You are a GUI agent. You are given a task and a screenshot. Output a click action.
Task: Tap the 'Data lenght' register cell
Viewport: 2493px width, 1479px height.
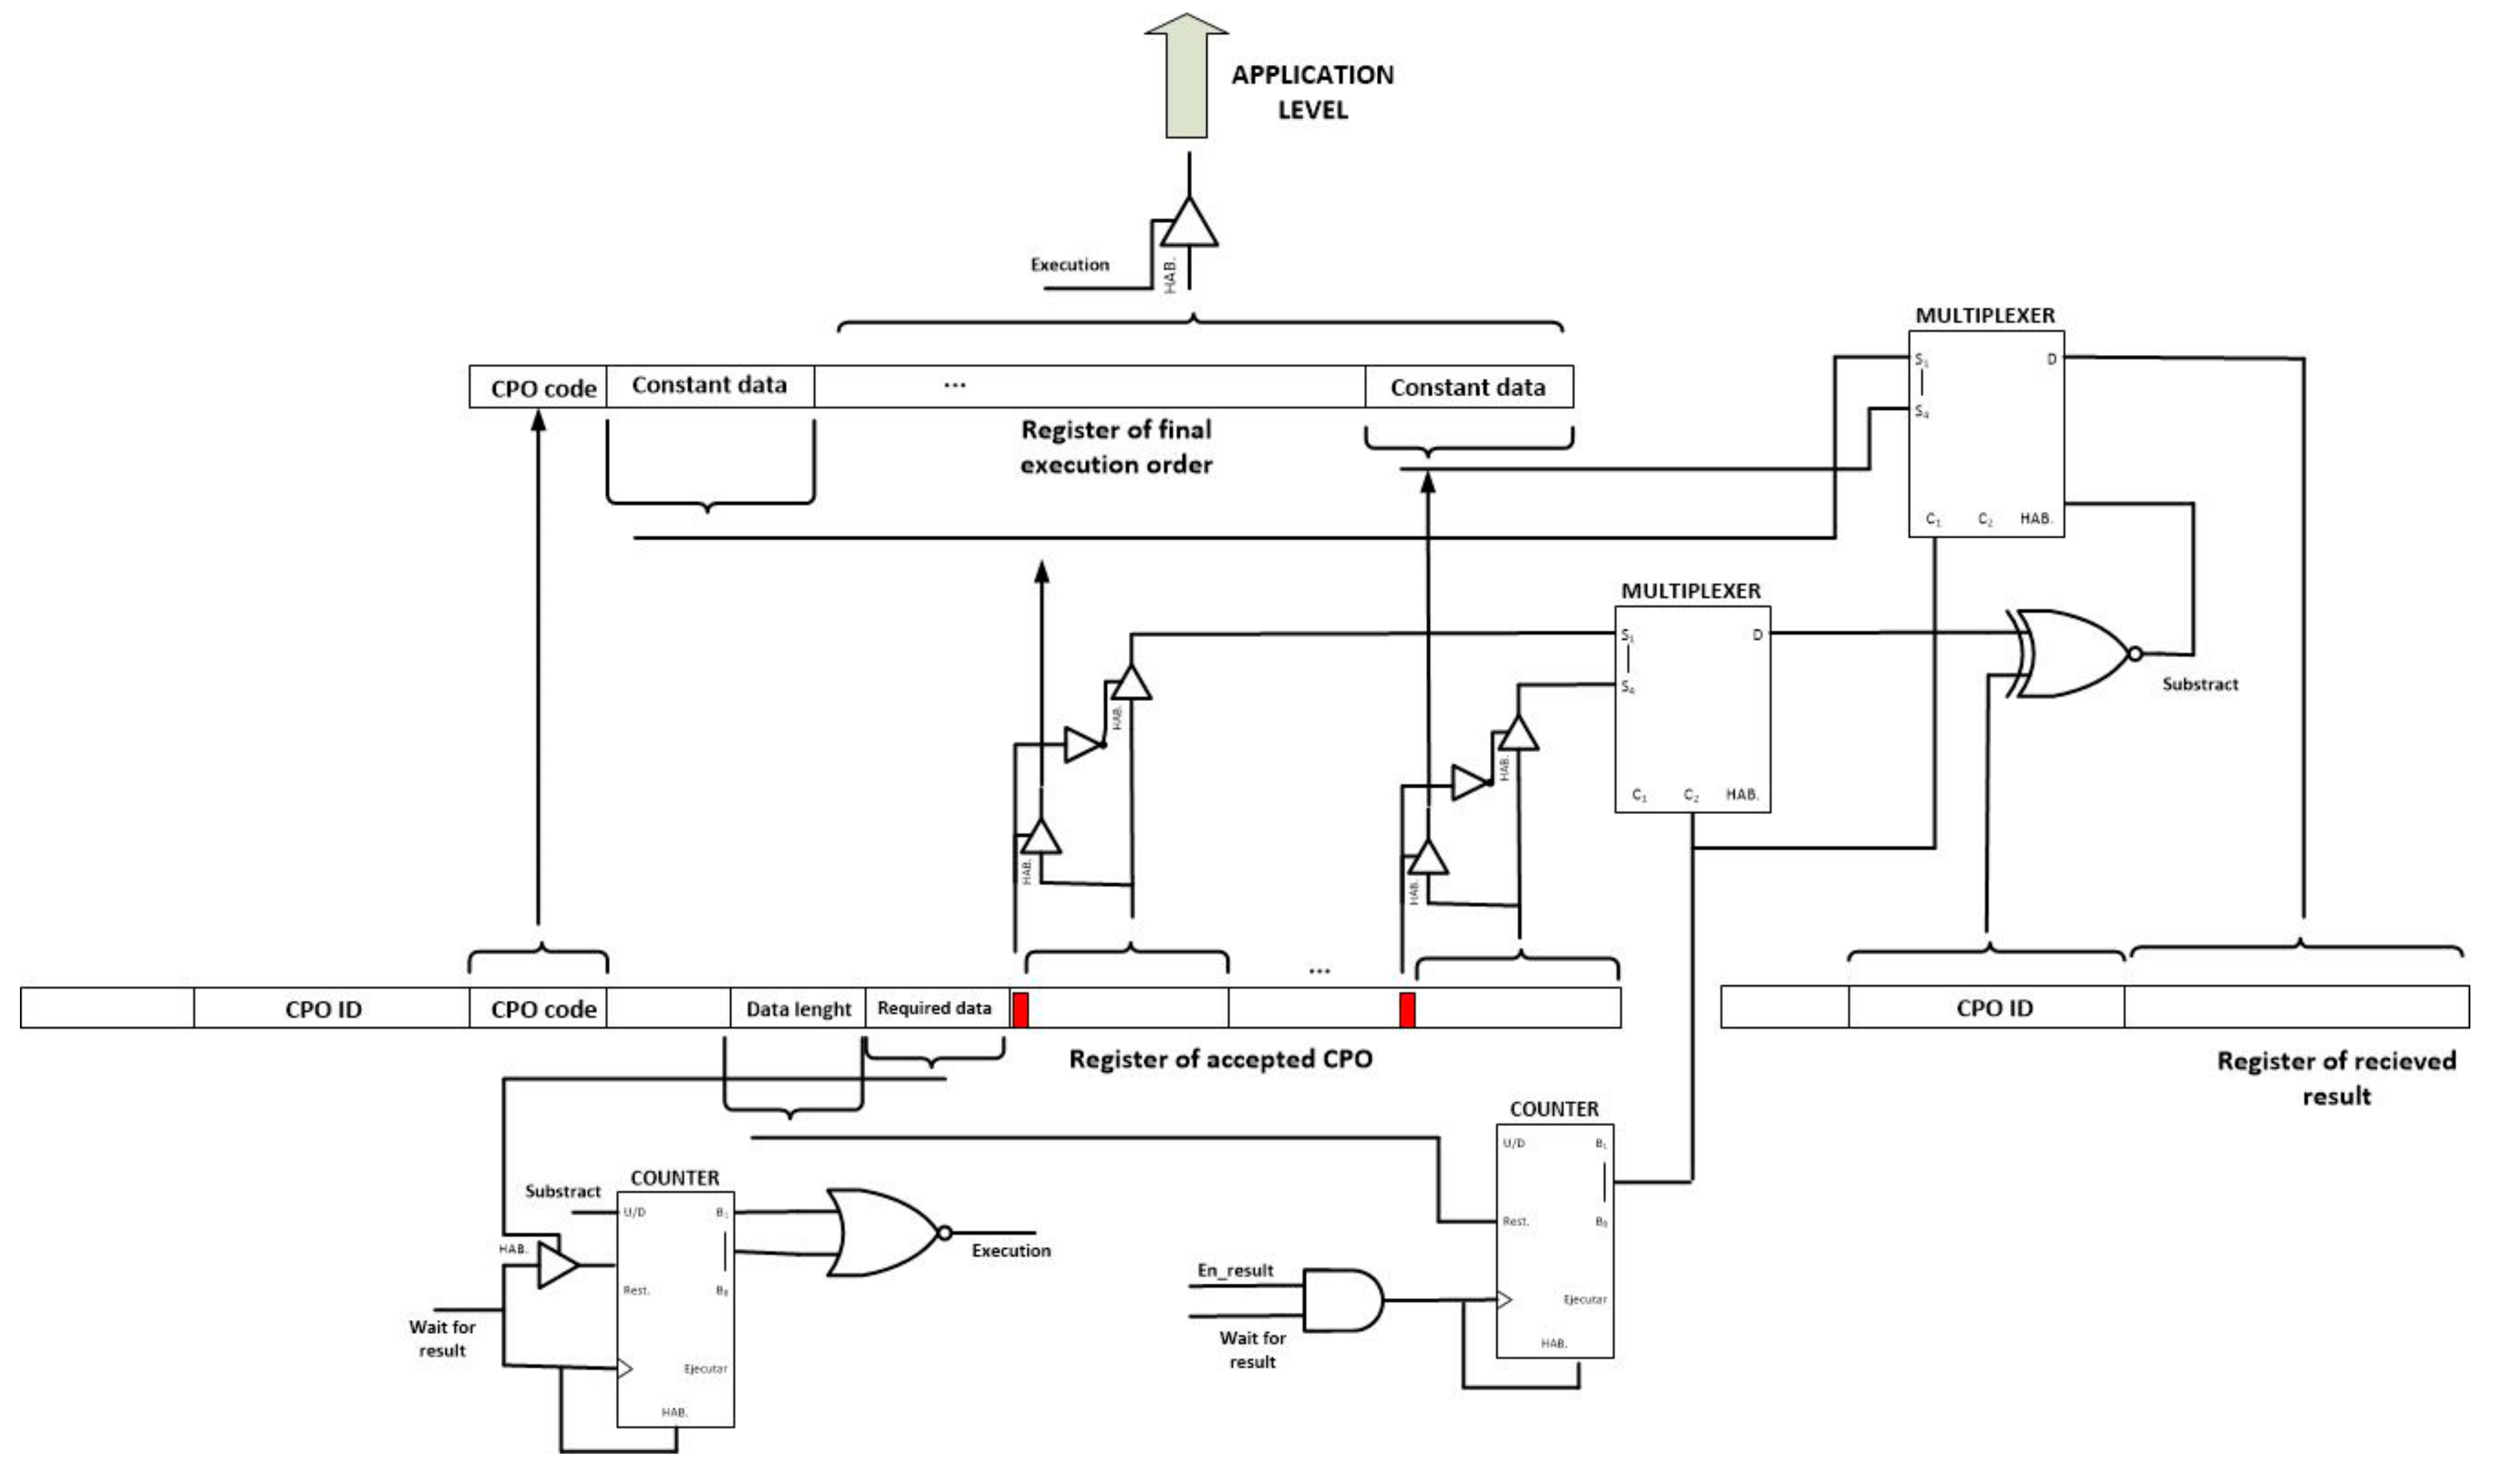coord(798,1009)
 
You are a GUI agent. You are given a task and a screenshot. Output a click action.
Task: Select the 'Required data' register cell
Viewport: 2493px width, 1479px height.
coord(934,1008)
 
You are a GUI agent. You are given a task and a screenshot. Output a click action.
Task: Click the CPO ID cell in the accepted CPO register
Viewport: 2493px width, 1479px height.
coord(323,1009)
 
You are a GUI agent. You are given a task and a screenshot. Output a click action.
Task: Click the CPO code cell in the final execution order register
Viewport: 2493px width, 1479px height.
coord(543,388)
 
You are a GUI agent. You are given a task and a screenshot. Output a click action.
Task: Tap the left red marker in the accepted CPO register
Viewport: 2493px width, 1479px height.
coord(1021,1009)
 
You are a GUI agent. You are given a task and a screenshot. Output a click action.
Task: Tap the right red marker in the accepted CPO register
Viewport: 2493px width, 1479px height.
coord(1407,1009)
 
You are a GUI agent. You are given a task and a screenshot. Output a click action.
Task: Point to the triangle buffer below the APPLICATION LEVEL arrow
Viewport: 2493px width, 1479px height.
coord(1188,224)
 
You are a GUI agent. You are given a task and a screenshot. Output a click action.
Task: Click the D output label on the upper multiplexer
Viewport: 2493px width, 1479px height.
coord(2051,359)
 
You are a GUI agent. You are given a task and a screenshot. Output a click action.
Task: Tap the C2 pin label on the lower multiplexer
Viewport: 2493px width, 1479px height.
coord(1691,795)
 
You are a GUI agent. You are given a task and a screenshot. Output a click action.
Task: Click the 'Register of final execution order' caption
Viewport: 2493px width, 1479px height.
coord(1115,446)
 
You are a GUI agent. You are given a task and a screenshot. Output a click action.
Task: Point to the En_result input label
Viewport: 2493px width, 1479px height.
coord(1235,1270)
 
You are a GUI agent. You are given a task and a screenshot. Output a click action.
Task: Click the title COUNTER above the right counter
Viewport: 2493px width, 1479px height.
coord(1553,1109)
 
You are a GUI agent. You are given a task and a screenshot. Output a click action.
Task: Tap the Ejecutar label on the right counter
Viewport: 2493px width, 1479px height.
coord(1584,1299)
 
